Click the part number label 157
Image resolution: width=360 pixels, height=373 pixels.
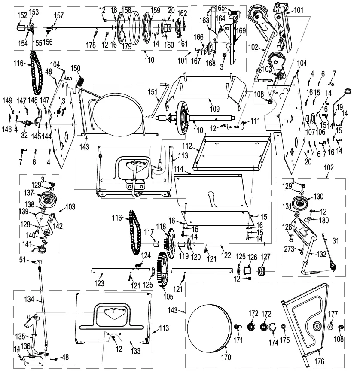click(x=58, y=16)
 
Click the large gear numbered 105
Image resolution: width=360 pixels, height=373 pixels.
click(x=163, y=270)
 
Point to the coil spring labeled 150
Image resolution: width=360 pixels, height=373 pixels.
click(x=80, y=82)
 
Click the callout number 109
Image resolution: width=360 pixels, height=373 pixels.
click(x=214, y=109)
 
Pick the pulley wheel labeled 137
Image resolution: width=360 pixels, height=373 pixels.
click(x=48, y=198)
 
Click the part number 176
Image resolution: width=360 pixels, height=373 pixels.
click(x=319, y=361)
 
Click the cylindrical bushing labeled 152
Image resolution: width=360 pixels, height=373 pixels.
click(x=21, y=27)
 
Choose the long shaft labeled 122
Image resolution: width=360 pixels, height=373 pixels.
click(x=229, y=244)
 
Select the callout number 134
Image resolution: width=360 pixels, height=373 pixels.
click(x=29, y=299)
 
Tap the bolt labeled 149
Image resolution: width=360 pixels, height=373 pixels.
click(x=15, y=111)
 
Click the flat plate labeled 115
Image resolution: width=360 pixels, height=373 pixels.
click(x=216, y=218)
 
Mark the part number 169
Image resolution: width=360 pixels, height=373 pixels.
click(x=241, y=30)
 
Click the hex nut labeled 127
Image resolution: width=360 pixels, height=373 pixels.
click(x=262, y=271)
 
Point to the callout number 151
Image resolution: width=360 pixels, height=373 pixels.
click(x=153, y=92)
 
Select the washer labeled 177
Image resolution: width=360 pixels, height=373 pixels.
click(x=330, y=327)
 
